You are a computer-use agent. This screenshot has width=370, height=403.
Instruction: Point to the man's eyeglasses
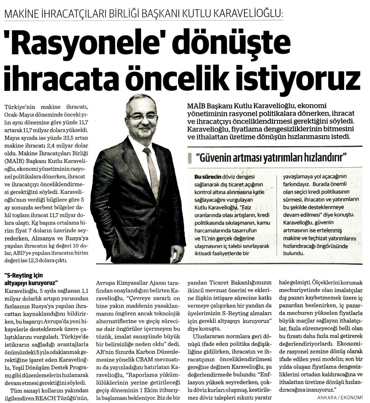pos(142,116)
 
